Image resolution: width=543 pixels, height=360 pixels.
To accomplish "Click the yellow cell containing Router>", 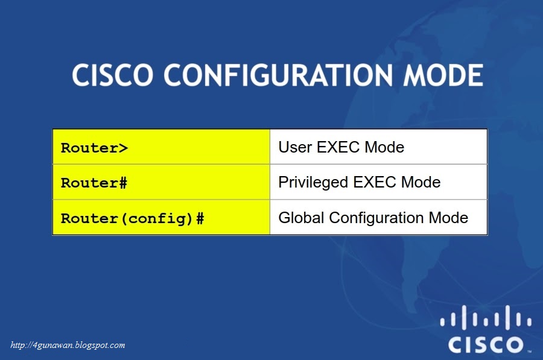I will click(x=161, y=147).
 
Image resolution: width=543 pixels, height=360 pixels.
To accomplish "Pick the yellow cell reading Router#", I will click(x=161, y=182).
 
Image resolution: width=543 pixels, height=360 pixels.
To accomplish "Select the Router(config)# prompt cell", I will click(x=161, y=218).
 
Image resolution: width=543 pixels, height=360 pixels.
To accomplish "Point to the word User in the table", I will click(x=294, y=147).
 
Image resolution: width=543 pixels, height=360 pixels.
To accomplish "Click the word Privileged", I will click(x=313, y=182).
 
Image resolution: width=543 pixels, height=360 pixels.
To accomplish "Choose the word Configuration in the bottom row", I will click(x=376, y=218).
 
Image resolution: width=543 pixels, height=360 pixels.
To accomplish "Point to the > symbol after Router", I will click(x=124, y=148).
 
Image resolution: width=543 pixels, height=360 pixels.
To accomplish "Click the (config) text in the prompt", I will click(x=158, y=218).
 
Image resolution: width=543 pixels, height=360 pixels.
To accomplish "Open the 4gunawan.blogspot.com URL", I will click(x=68, y=346).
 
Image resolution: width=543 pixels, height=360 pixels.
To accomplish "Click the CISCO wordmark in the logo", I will click(x=485, y=344).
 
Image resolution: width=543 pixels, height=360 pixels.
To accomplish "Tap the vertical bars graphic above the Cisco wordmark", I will click(x=485, y=318).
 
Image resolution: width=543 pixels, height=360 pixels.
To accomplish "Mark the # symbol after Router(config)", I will click(x=200, y=218).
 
